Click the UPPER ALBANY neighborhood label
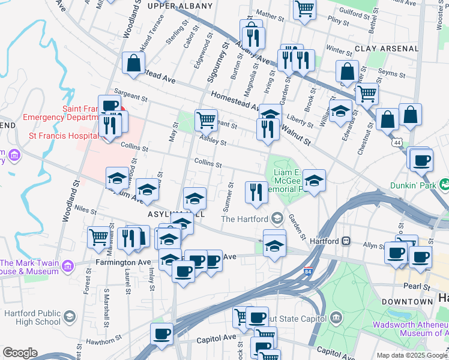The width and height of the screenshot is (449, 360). pos(180,6)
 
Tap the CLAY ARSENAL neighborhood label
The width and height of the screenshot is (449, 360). pos(387,48)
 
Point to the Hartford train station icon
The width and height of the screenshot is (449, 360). pos(346,241)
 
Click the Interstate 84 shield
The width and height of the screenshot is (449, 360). pos(309,272)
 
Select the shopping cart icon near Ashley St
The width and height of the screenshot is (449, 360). pos(206,119)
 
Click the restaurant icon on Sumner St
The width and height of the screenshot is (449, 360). pos(256,191)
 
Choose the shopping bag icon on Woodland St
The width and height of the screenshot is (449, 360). pos(133,62)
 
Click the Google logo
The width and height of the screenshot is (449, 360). pos(20,353)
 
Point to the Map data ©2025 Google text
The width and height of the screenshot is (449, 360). pos(412,355)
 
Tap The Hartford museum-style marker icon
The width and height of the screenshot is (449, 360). pos(277,218)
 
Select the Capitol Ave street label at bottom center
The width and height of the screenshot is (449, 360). pos(221,337)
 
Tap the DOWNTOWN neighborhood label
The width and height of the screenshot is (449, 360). pos(408,301)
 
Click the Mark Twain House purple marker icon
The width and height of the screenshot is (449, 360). pos(67,265)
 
